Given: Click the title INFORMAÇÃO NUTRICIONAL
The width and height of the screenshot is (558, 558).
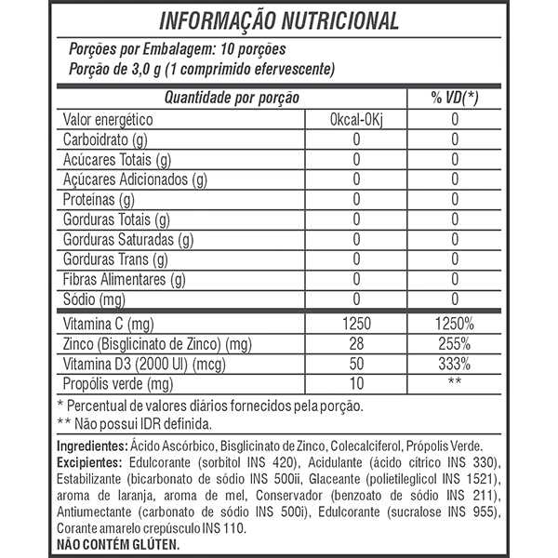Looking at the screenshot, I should point(279,20).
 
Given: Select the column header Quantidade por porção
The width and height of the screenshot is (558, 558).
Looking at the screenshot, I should point(232,99).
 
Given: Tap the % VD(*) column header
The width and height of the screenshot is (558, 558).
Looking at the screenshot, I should point(453,99).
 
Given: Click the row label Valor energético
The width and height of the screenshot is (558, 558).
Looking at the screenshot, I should point(107,120).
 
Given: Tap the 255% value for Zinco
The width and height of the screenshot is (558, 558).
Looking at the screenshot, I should point(453,344).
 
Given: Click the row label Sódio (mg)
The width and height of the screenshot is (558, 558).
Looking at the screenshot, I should point(93,299).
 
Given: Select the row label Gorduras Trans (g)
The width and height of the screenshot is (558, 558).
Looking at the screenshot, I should point(114,259).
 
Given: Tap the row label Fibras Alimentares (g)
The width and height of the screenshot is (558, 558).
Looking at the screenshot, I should point(125,279).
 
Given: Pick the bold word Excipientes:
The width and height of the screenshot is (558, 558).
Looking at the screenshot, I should point(90,462).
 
